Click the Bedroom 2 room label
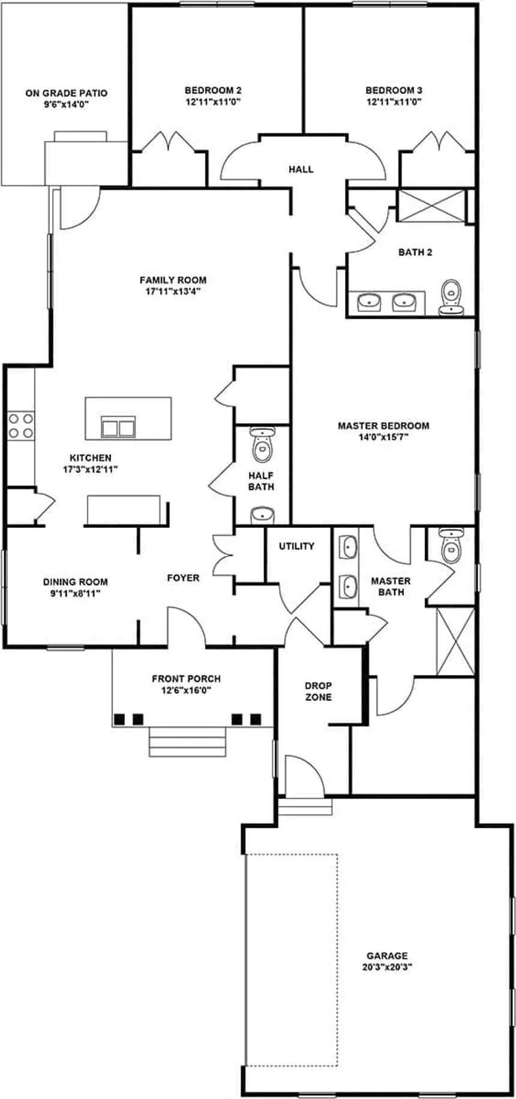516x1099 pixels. point(213,91)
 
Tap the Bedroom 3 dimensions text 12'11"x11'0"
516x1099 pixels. point(394,102)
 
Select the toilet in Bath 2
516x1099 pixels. point(451,298)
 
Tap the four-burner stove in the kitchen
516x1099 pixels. point(20,425)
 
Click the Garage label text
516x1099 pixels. point(387,955)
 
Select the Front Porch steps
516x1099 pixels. point(188,742)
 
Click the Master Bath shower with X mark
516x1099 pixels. point(455,641)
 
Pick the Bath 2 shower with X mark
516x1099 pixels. point(432,206)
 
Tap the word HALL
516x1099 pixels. point(301,169)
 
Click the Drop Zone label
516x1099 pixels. point(318,691)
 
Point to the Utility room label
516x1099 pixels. point(296,546)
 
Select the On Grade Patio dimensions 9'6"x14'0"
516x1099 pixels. point(67,104)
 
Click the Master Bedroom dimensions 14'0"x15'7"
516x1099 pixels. point(383,437)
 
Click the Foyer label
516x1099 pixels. point(183,578)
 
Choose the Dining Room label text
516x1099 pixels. point(76,581)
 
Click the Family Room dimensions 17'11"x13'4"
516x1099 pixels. point(173,291)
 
